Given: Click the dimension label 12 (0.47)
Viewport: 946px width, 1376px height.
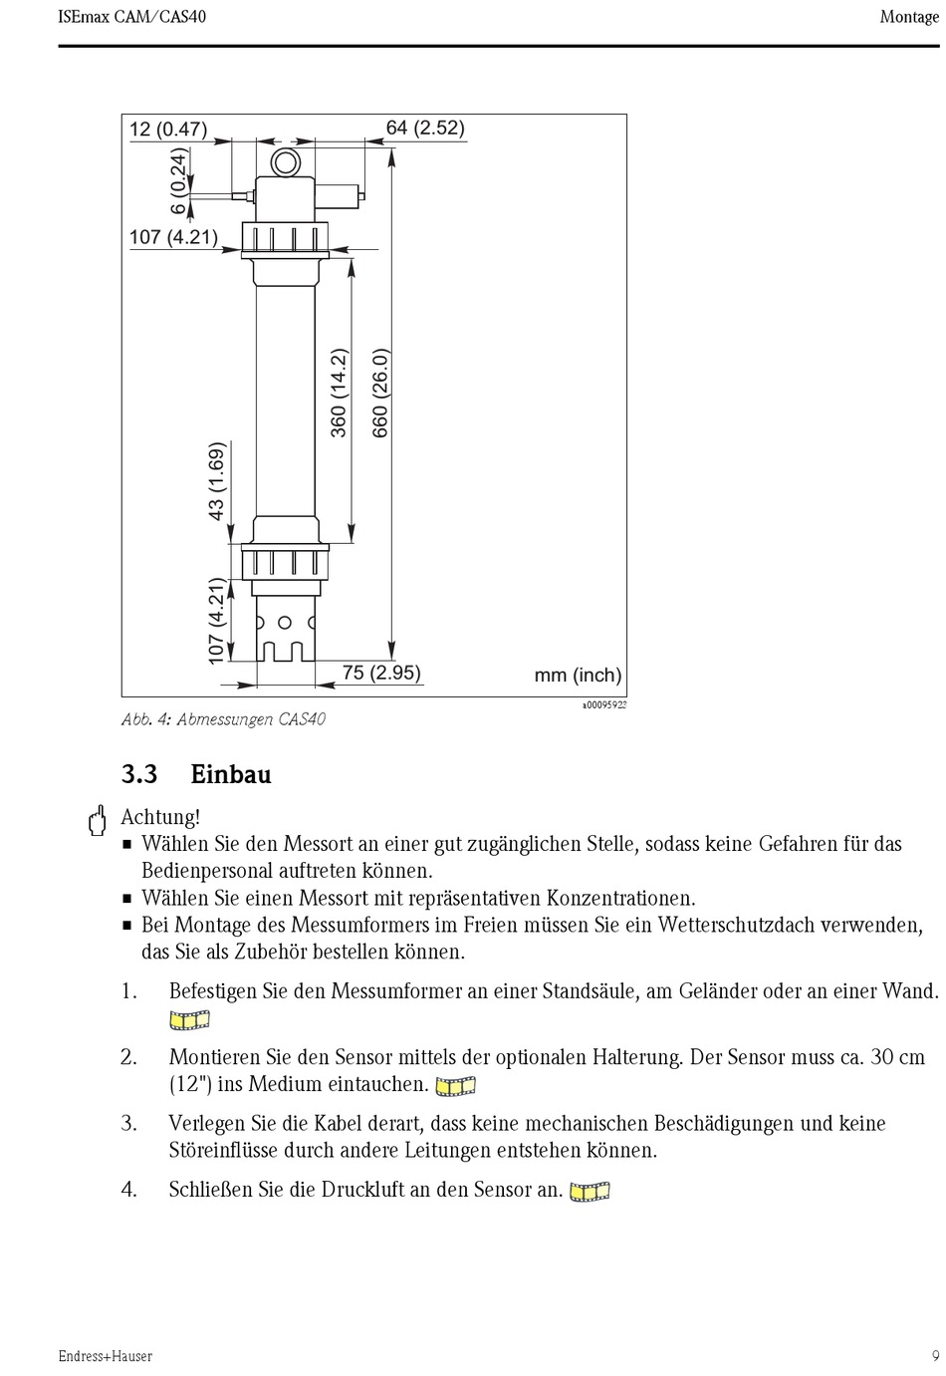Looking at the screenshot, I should click(x=167, y=129).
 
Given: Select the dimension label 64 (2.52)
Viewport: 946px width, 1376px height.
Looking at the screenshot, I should click(x=425, y=128).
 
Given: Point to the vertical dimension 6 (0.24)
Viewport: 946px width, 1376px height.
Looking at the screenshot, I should click(x=179, y=181).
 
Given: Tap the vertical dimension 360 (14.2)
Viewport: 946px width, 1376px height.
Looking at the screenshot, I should click(x=339, y=393).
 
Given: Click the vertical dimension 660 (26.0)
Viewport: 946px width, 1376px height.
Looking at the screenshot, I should click(x=380, y=393).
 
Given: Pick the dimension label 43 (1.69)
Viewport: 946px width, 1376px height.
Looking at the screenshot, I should click(x=216, y=481).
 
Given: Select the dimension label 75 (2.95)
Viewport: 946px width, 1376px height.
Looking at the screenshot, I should click(x=381, y=673).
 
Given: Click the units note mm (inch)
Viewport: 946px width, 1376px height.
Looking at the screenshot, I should click(x=578, y=675).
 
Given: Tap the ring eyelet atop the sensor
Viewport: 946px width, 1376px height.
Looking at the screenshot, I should click(x=287, y=162).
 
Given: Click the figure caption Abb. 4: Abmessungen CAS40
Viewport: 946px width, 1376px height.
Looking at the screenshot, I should click(x=223, y=719).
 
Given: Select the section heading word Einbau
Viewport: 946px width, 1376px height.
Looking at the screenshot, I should click(x=231, y=774).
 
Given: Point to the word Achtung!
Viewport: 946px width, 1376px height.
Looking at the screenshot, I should click(x=160, y=818).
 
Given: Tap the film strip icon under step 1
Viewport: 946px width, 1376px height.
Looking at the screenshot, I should click(x=189, y=1019).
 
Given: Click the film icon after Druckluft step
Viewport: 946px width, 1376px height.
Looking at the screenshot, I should click(x=590, y=1191).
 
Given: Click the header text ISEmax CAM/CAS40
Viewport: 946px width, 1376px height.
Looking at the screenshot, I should click(x=132, y=17).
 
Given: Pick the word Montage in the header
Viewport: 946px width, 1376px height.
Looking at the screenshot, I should click(x=909, y=17).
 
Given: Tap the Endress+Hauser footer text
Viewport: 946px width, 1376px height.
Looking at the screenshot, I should click(x=105, y=1356).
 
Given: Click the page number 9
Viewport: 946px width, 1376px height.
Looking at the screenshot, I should click(x=935, y=1356).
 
